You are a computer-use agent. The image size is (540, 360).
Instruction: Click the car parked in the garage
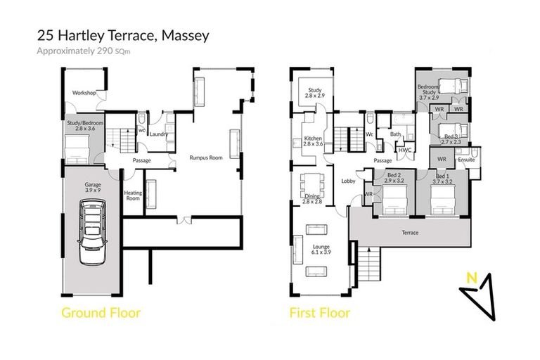(x=91, y=231)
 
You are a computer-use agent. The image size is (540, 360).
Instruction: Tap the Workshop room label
(x=84, y=93)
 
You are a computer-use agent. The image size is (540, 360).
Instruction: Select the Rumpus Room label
(x=206, y=157)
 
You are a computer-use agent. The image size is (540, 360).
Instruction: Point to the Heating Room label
(x=133, y=195)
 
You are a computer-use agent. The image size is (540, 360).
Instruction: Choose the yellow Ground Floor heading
(x=101, y=312)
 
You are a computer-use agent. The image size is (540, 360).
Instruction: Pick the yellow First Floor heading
(x=320, y=312)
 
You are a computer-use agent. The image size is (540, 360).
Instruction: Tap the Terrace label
(x=410, y=233)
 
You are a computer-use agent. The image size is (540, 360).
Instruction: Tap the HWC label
(x=404, y=150)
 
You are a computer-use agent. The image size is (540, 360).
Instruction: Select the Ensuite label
(x=466, y=160)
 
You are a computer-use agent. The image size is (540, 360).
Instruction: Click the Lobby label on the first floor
(x=348, y=181)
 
